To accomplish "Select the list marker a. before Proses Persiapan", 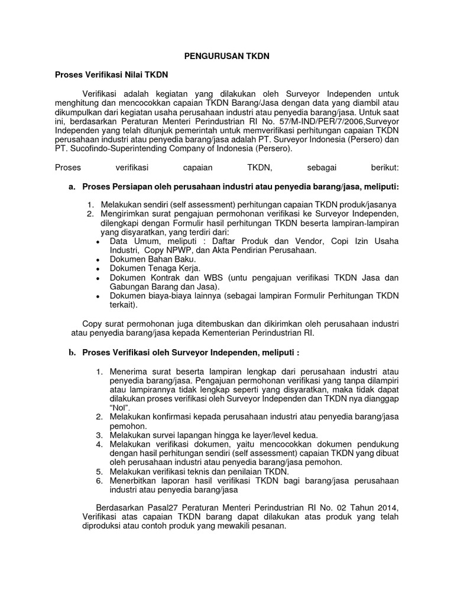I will tap(73, 187).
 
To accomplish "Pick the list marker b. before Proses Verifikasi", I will tap(73, 353).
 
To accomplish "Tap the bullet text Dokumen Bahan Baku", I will tap(147, 259).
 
